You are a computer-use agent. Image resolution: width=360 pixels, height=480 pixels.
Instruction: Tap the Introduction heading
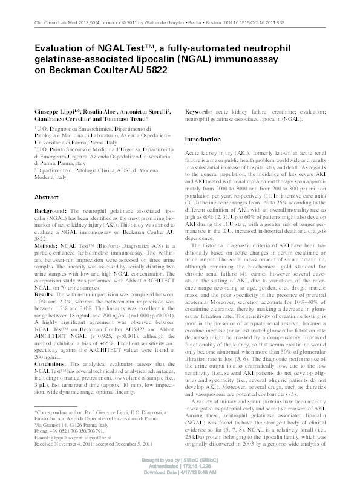tap(203, 140)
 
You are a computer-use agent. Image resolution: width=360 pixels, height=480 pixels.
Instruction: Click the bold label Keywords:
tap(200, 112)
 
